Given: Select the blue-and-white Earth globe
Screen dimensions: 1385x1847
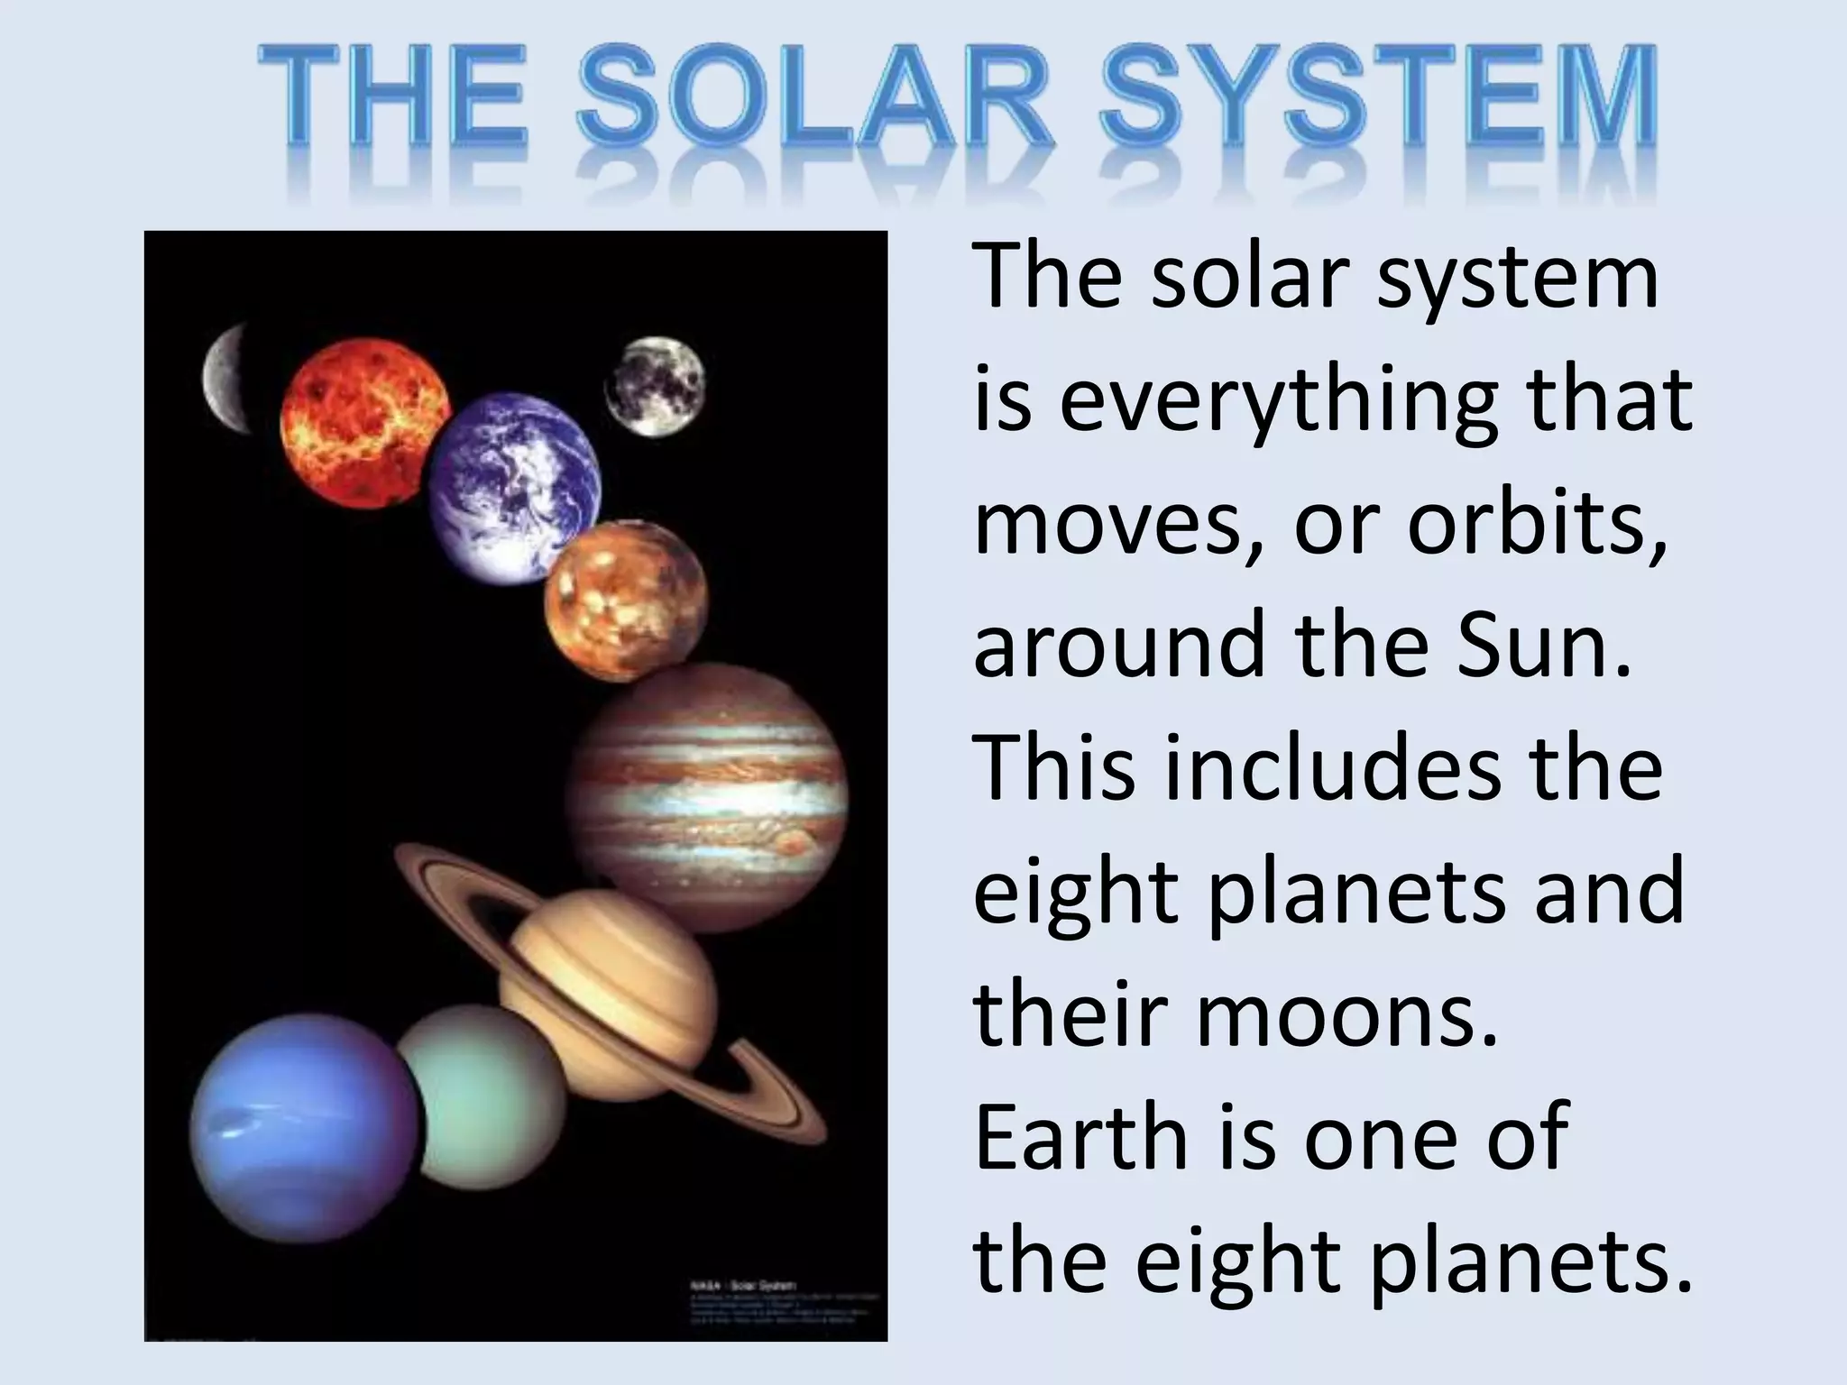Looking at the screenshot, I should [x=512, y=487].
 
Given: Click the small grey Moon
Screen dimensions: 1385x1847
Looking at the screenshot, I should [x=654, y=386].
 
